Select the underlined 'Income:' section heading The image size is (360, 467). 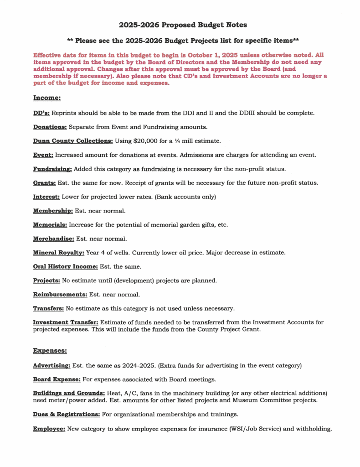(47, 98)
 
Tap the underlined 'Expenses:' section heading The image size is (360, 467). (50, 351)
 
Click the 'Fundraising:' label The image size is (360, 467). (52, 169)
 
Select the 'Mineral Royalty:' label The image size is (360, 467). (59, 252)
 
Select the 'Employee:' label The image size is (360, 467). (49, 429)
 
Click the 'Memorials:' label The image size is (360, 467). (50, 225)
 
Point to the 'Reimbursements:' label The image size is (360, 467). (60, 294)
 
